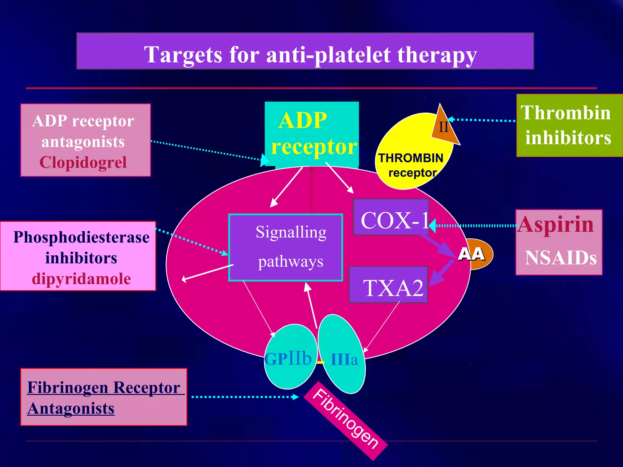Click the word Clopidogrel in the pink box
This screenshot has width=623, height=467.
(83, 162)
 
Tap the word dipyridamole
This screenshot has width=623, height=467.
(81, 279)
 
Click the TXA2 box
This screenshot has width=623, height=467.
(388, 285)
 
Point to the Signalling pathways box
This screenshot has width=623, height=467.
(286, 247)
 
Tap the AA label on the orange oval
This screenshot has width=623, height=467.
(471, 254)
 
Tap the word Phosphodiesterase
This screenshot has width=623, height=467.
(81, 237)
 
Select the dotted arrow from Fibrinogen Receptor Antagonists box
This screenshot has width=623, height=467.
(243, 397)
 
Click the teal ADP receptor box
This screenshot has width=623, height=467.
(311, 134)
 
